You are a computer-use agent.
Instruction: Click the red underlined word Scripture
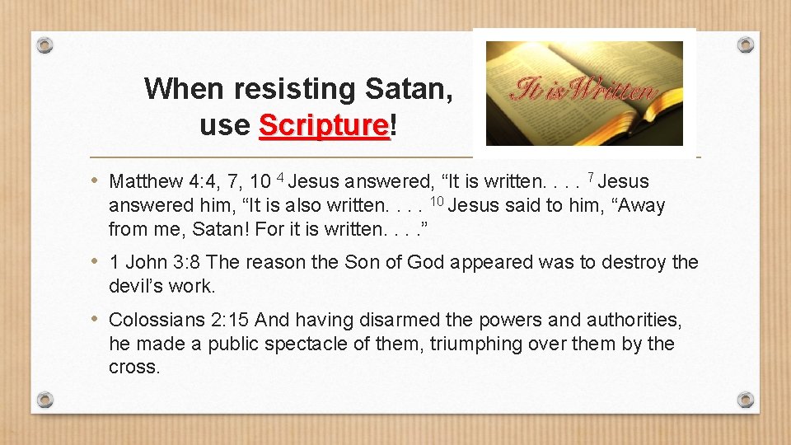coord(323,125)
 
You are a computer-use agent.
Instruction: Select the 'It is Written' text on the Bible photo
coord(583,89)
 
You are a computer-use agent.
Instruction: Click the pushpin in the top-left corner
coord(45,44)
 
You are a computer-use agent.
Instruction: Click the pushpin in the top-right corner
coord(745,44)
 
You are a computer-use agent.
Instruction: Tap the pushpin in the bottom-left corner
coord(45,400)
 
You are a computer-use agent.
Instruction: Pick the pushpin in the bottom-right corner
coord(745,400)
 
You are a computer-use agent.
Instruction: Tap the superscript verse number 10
coord(438,201)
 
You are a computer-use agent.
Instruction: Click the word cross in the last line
coord(133,368)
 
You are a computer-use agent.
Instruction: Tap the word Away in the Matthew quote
coord(639,206)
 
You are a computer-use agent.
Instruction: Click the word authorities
coord(634,320)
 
